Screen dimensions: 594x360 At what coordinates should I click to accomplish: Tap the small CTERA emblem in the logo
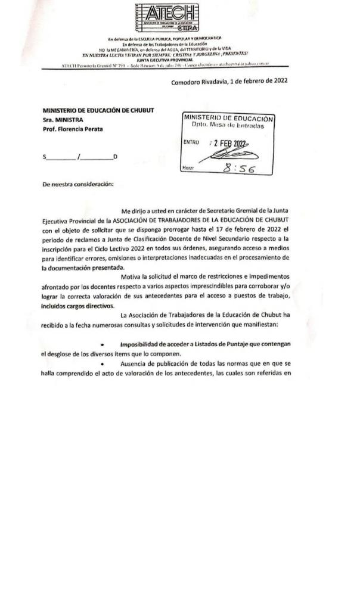pyautogui.click(x=188, y=27)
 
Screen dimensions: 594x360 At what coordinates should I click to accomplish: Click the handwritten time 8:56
pyautogui.click(x=237, y=169)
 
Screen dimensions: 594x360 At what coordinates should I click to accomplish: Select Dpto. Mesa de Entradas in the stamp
pyautogui.click(x=228, y=127)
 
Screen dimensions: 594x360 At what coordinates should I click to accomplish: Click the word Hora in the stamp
pyautogui.click(x=188, y=169)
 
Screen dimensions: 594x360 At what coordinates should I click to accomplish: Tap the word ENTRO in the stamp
pyautogui.click(x=191, y=142)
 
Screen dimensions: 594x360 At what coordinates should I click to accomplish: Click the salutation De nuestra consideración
pyautogui.click(x=77, y=184)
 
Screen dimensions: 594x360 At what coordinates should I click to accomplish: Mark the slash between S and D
pyautogui.click(x=77, y=157)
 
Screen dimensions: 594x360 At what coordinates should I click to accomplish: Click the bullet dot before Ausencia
pyautogui.click(x=103, y=364)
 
